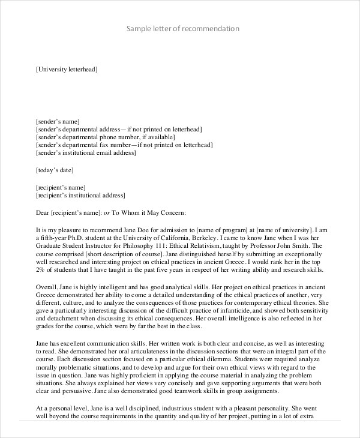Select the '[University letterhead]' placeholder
(66, 70)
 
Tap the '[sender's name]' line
(58, 121)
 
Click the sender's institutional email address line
(86, 152)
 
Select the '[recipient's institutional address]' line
(81, 195)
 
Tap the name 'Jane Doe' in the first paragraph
(133, 229)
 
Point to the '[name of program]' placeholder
(224, 229)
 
